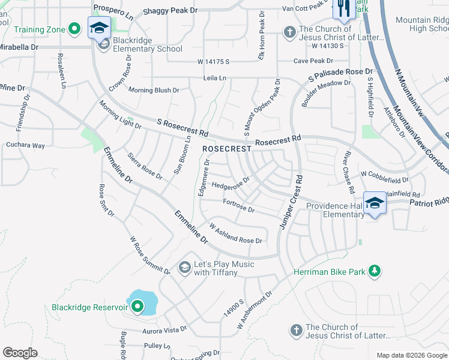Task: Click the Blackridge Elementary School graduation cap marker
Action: pyautogui.click(x=98, y=27)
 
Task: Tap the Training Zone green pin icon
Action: pyautogui.click(x=74, y=28)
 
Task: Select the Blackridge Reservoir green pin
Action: pyautogui.click(x=137, y=307)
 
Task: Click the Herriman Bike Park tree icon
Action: pyautogui.click(x=375, y=272)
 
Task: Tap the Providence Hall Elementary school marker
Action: pyautogui.click(x=375, y=202)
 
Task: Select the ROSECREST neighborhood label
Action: pyautogui.click(x=226, y=148)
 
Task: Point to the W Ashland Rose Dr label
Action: pyautogui.click(x=235, y=235)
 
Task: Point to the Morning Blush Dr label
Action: pyautogui.click(x=154, y=90)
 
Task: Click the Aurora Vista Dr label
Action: pyautogui.click(x=165, y=330)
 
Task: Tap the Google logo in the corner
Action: pyautogui.click(x=20, y=353)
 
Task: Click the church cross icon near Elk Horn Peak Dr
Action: pyautogui.click(x=289, y=31)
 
